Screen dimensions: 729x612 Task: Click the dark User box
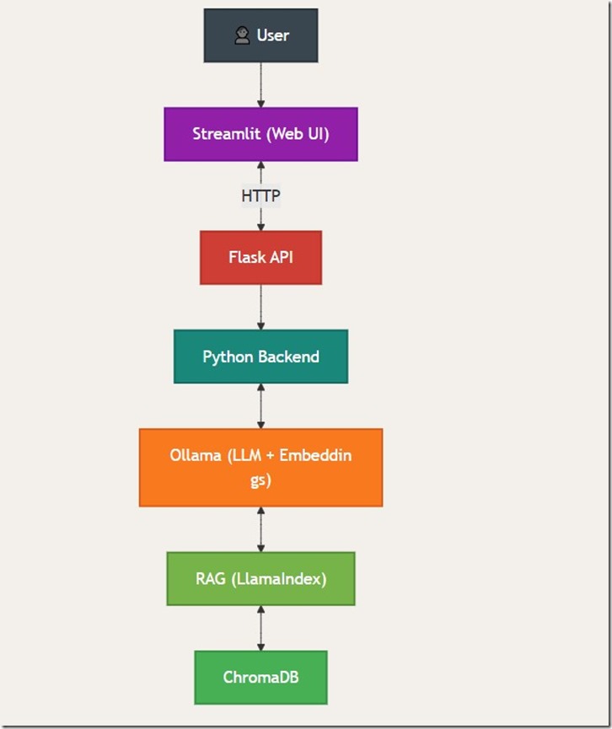pyautogui.click(x=260, y=35)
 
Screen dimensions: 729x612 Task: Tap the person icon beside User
pyautogui.click(x=242, y=35)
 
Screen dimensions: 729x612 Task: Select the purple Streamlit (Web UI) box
pyautogui.click(x=260, y=134)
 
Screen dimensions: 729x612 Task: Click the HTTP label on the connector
pyautogui.click(x=260, y=196)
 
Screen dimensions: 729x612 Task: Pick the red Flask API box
pyautogui.click(x=260, y=257)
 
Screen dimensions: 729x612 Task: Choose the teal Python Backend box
pyautogui.click(x=260, y=356)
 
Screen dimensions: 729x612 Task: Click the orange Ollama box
pyautogui.click(x=260, y=468)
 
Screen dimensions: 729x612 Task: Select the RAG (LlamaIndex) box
pyautogui.click(x=260, y=579)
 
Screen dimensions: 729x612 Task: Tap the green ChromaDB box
pyautogui.click(x=260, y=677)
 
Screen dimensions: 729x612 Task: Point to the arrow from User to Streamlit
pyautogui.click(x=260, y=84)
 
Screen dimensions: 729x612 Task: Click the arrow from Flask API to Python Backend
pyautogui.click(x=260, y=307)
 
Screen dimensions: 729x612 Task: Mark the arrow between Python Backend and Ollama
pyautogui.click(x=260, y=405)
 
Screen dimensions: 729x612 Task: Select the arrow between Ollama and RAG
pyautogui.click(x=260, y=529)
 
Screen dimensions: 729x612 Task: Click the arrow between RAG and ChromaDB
pyautogui.click(x=260, y=628)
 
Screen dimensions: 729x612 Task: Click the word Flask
pyautogui.click(x=247, y=257)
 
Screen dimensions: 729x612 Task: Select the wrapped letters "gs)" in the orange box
pyautogui.click(x=260, y=481)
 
